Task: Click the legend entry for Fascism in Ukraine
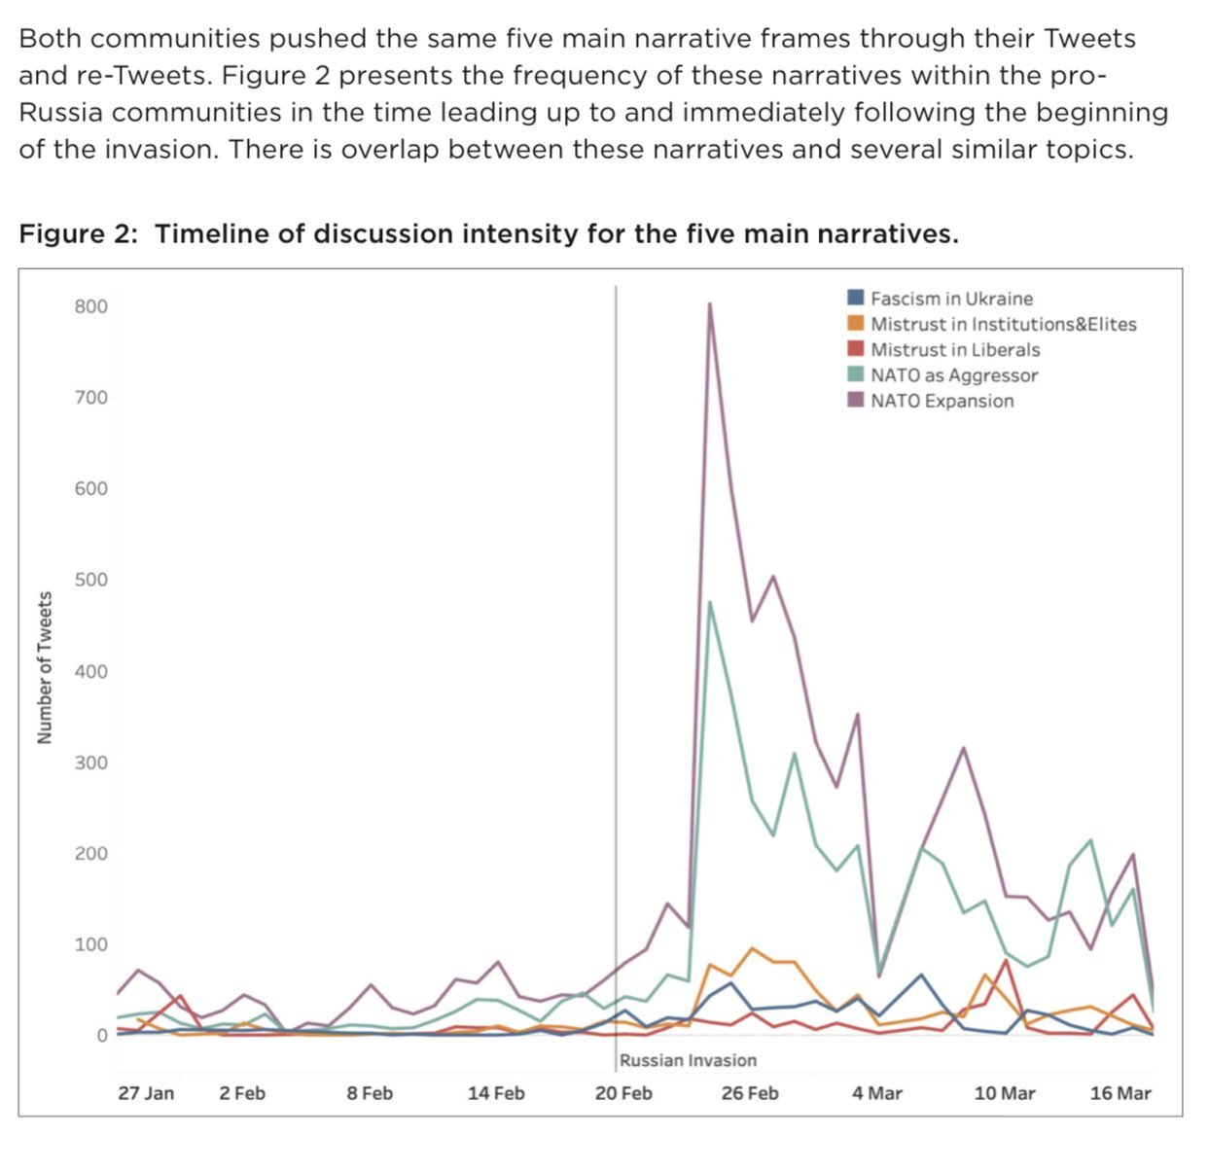(951, 299)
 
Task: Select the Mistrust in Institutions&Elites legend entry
(1003, 325)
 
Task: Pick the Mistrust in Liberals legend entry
(954, 350)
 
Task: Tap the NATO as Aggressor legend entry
(953, 375)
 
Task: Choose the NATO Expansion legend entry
(941, 401)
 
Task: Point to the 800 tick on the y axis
(90, 306)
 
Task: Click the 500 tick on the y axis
(90, 580)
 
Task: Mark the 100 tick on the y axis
(90, 944)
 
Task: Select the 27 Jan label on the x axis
(146, 1093)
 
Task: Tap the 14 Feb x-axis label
(496, 1093)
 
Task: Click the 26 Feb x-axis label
(750, 1093)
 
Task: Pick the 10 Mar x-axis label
(1005, 1093)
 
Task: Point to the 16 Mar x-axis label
(1120, 1093)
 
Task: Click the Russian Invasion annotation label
(688, 1060)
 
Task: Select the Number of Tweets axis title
(44, 668)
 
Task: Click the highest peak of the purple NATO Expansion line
(710, 303)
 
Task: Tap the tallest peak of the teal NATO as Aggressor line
(710, 602)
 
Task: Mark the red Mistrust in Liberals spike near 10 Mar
(1006, 961)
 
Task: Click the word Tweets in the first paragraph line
(1089, 39)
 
